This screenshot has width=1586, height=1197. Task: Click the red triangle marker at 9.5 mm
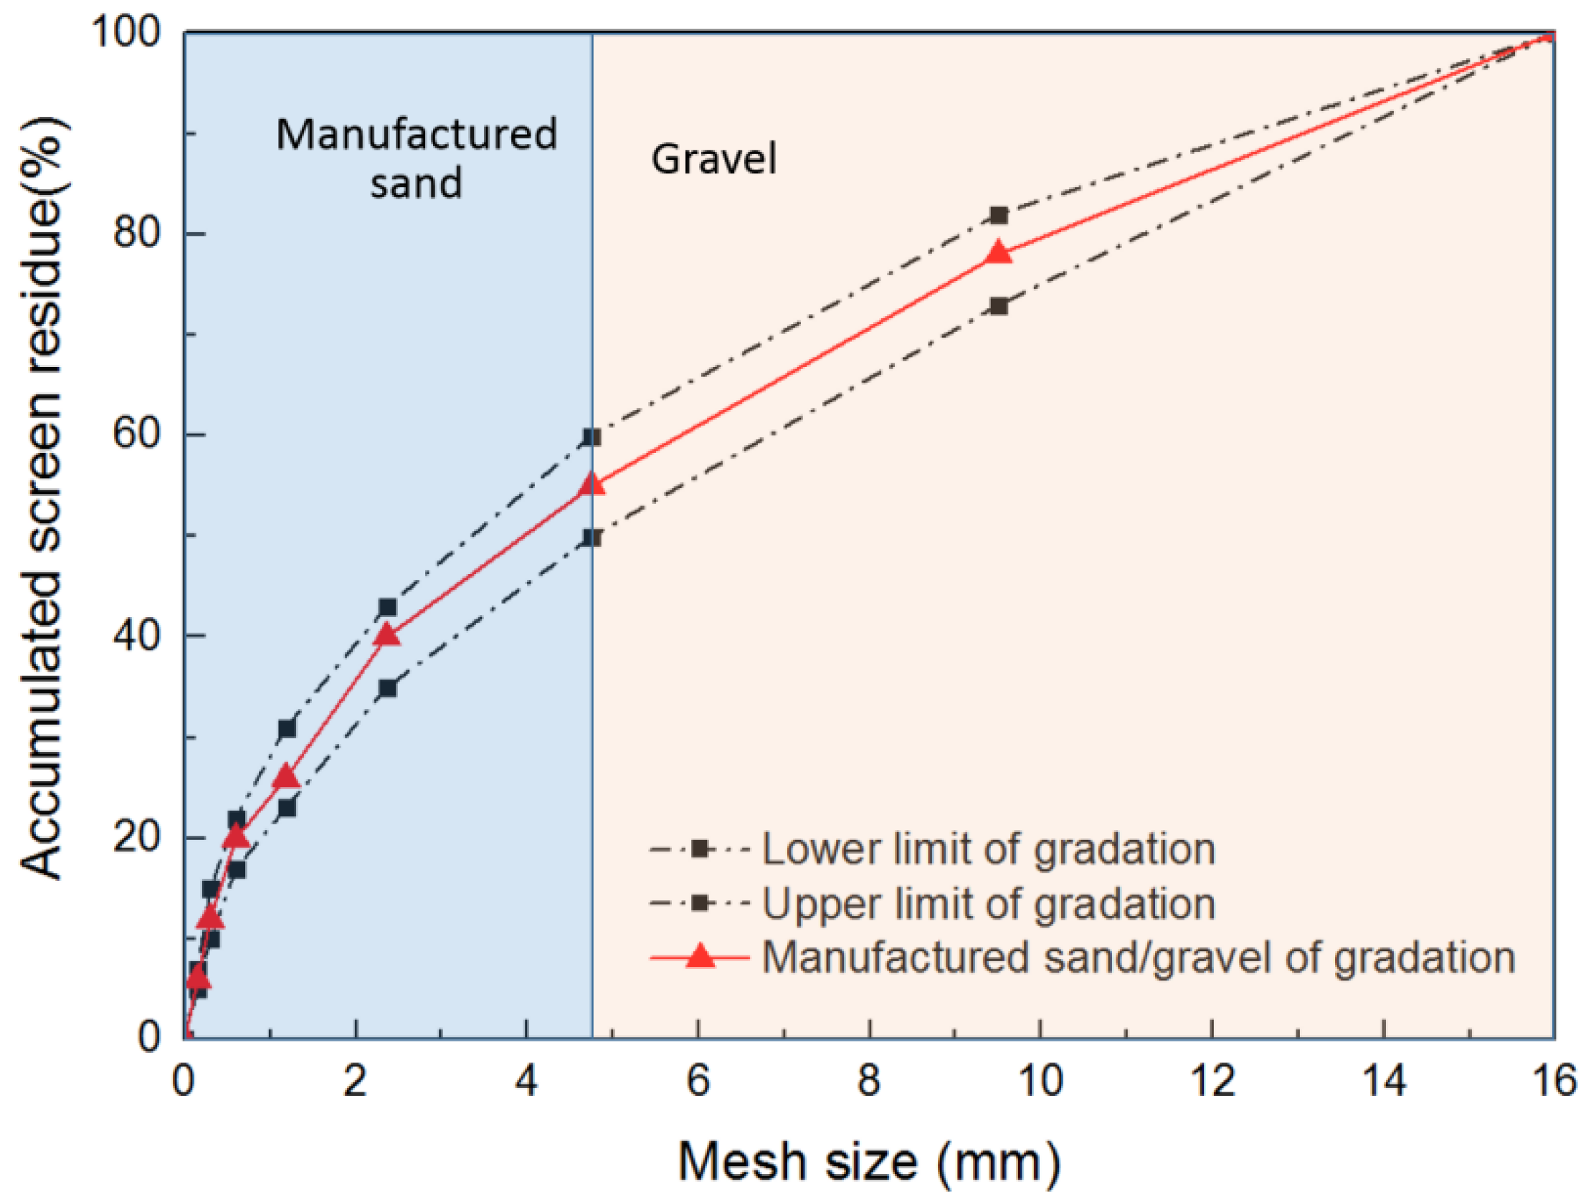click(999, 253)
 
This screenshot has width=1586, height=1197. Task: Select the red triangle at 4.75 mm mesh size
click(592, 485)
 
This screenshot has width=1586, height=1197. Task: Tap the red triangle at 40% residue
click(387, 635)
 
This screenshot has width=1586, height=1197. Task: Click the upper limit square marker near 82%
click(999, 215)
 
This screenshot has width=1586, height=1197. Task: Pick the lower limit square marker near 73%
click(999, 306)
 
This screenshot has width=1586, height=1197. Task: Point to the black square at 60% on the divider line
click(592, 437)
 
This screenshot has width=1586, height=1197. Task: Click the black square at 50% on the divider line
click(592, 538)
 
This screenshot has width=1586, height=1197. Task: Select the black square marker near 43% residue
click(387, 608)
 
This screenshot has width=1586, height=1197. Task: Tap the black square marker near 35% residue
click(387, 688)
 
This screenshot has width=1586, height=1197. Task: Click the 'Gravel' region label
click(713, 159)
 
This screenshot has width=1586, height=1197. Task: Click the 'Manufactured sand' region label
click(417, 158)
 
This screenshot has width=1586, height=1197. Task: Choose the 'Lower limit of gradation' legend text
click(989, 849)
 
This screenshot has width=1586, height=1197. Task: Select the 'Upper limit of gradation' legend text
click(989, 903)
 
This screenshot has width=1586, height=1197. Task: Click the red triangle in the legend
click(701, 956)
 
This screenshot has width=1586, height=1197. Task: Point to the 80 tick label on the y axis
click(136, 233)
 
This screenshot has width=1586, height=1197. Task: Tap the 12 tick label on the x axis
click(1212, 1080)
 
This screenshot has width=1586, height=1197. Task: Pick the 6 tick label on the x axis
click(698, 1080)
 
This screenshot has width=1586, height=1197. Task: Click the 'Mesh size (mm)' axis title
click(869, 1161)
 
